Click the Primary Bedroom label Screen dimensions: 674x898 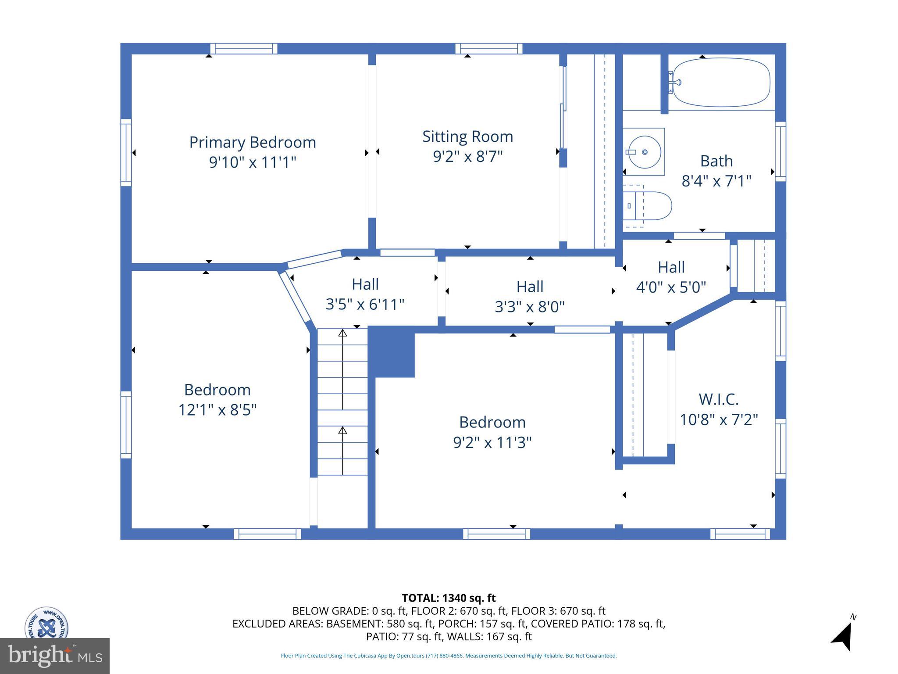252,142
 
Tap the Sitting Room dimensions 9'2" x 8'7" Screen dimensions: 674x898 467,156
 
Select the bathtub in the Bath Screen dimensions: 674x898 721,82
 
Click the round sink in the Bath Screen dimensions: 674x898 644,152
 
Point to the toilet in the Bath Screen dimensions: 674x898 649,206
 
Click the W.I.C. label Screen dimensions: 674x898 718,399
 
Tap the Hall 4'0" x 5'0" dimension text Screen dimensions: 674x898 671,287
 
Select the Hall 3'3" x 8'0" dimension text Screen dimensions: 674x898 530,307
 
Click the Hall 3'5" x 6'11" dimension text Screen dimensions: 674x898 365,304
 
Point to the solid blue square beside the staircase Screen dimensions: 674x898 392,354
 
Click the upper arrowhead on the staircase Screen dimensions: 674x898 342,333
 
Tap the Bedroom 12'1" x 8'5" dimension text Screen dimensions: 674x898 217,410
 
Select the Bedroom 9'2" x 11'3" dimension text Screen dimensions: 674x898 492,442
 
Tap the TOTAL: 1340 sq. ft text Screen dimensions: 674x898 449,598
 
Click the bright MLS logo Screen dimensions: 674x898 54,656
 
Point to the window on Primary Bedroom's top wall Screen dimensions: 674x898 243,49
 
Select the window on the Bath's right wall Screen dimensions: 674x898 780,151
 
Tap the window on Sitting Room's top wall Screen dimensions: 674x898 488,49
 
